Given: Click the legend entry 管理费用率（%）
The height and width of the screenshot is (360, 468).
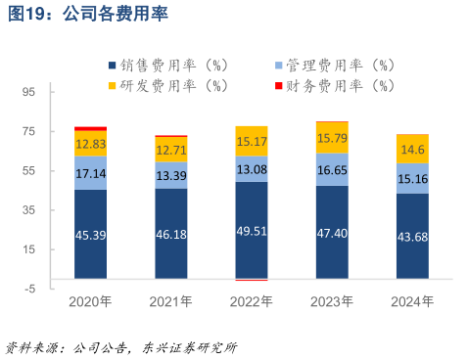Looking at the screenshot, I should coord(337,66).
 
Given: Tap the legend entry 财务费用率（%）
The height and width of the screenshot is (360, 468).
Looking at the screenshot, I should coord(337,85).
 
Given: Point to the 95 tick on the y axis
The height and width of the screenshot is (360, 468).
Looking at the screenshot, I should coord(28,92).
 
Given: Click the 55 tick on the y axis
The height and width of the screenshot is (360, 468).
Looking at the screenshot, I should coord(28,170).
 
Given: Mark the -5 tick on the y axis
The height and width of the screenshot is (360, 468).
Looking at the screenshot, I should coord(29,289).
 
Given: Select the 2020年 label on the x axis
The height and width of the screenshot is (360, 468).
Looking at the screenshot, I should coord(90,301).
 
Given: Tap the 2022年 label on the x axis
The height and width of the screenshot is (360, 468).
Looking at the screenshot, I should coord(252,301).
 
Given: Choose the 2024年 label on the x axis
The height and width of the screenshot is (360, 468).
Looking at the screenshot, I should coord(412,301).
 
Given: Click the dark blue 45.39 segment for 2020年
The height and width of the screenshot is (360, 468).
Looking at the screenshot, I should coord(90,235).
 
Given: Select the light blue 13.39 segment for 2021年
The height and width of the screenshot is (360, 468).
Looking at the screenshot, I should coord(170,175).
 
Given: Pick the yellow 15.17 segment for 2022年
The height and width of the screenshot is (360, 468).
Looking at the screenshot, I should coord(252,141).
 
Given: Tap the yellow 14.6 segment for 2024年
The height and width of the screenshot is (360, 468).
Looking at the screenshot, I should coord(412,149).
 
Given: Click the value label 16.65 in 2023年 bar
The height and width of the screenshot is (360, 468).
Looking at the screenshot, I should coord(332,169).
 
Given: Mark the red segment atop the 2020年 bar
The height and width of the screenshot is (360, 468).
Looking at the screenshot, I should coord(90,128).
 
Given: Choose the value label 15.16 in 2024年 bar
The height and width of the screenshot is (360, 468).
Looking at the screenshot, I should coord(412,178).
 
